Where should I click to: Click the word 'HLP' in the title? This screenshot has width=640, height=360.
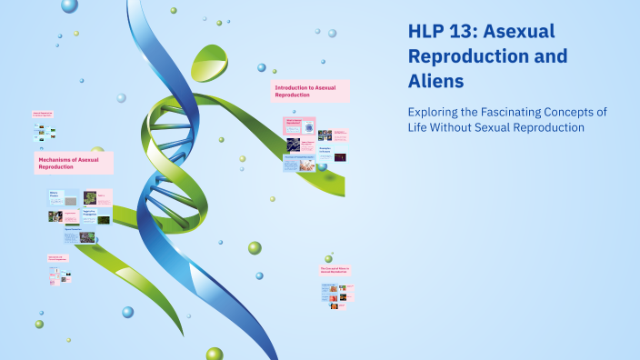(426, 32)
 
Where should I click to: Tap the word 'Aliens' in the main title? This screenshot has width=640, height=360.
(435, 81)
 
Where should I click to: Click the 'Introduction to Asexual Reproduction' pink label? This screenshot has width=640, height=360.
(310, 91)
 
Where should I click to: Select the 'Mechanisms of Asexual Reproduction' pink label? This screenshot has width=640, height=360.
(74, 164)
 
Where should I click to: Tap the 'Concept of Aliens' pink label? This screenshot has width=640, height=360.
(335, 271)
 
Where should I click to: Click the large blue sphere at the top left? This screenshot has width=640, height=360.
(69, 5)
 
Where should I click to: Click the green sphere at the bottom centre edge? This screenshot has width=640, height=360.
(215, 354)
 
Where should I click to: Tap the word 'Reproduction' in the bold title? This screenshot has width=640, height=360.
(464, 56)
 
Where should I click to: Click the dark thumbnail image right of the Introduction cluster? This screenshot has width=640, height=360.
(338, 157)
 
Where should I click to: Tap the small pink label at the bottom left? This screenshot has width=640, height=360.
(60, 258)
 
